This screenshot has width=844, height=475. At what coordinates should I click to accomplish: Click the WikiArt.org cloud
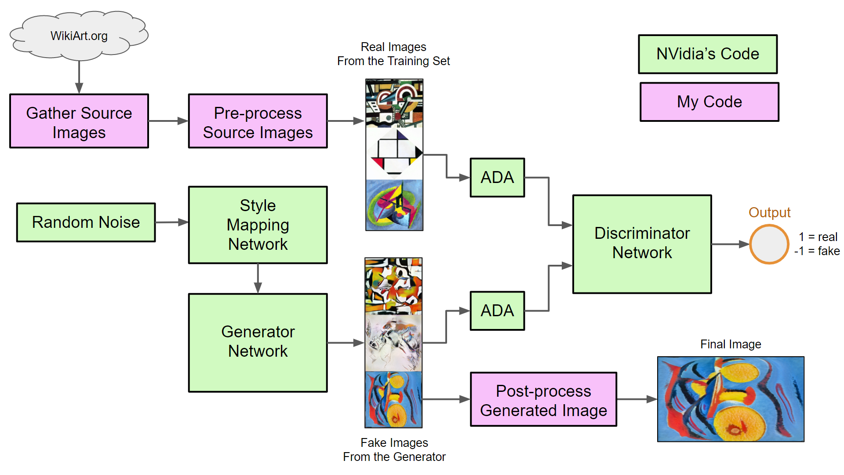(79, 36)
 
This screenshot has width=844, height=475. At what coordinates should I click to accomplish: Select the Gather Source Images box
(79, 121)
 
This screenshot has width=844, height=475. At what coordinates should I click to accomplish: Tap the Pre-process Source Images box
(258, 121)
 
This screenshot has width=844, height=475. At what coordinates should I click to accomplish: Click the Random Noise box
(86, 223)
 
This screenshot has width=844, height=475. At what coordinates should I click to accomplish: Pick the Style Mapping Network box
(258, 225)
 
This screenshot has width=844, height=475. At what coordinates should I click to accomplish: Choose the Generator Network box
(258, 342)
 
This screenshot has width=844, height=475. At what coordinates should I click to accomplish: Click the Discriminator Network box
(642, 244)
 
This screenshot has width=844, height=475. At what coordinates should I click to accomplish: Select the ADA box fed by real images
(497, 178)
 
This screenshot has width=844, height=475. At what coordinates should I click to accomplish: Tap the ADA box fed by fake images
(497, 311)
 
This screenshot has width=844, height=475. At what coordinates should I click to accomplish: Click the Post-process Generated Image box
(543, 399)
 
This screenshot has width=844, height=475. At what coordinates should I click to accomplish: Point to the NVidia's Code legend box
(708, 54)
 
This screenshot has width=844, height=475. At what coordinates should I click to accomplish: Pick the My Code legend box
(709, 102)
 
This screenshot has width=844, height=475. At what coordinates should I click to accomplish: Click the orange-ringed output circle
(769, 244)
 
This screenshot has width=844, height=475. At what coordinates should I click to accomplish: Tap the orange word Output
(769, 212)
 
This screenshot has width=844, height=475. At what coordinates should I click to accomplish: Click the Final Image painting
(731, 399)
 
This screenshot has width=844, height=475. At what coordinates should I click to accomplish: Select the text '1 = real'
(818, 237)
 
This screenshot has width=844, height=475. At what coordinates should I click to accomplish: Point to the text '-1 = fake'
(817, 251)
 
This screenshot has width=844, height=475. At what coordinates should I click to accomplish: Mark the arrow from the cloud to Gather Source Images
(79, 77)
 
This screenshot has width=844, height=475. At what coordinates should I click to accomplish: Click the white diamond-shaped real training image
(394, 153)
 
